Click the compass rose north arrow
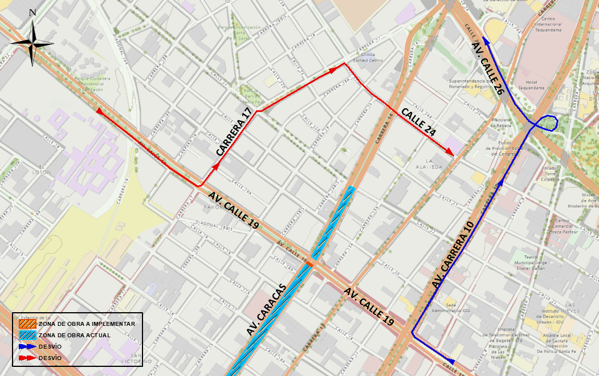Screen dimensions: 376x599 tap(32, 43)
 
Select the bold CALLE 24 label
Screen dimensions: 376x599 tap(419, 121)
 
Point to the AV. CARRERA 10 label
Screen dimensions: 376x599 tap(453, 254)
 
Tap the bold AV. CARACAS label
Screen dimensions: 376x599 tap(266, 309)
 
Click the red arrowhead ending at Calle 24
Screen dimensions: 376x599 tap(450, 153)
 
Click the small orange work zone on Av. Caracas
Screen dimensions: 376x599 tap(311, 264)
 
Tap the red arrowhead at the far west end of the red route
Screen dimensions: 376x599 tap(99, 112)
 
